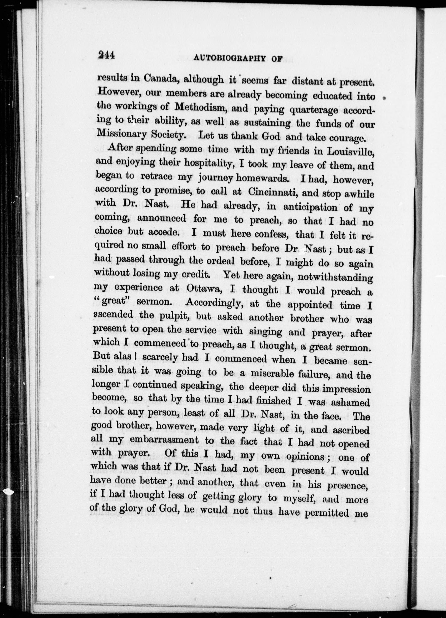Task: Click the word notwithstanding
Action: point(335,277)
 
